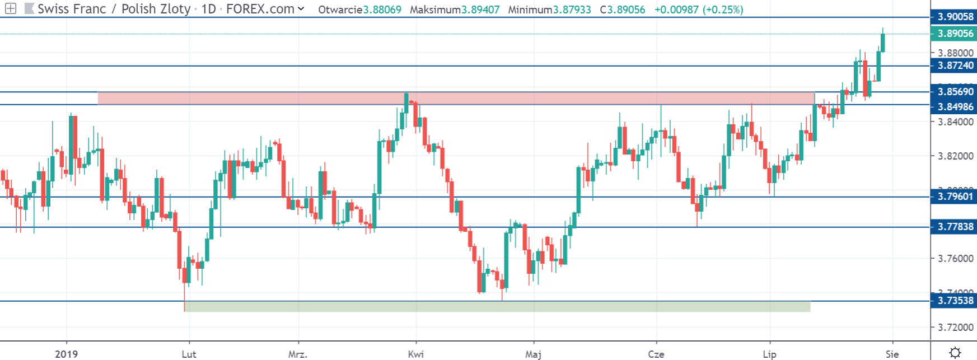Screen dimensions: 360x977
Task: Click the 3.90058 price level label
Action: [955, 17]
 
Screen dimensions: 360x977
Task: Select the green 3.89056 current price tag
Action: [955, 34]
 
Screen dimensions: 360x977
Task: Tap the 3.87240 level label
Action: [955, 66]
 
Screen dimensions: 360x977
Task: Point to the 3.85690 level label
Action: [955, 92]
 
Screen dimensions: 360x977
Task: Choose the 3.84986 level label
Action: [955, 106]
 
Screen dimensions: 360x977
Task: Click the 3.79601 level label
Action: [955, 197]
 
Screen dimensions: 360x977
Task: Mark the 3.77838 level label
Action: [955, 227]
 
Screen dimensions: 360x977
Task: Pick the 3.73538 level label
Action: [955, 301]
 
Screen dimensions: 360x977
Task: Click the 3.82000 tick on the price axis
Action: [955, 156]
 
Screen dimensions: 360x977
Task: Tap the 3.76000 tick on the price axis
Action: [955, 259]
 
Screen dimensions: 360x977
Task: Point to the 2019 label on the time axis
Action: [67, 354]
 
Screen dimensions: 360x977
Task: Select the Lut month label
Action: [189, 354]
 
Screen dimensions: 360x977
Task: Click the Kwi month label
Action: [416, 354]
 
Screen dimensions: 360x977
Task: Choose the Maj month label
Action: [534, 354]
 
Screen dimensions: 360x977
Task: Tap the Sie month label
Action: [892, 354]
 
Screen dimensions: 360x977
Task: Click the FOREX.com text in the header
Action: [260, 9]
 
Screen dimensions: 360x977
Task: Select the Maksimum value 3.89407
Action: [480, 10]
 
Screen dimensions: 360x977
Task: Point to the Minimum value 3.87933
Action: [572, 10]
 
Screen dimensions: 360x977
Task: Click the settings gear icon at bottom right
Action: [955, 353]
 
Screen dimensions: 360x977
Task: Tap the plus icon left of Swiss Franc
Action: [11, 9]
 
